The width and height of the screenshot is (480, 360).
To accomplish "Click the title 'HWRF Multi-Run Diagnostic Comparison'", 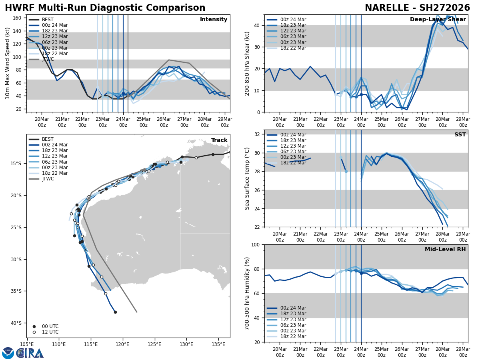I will click(105, 8).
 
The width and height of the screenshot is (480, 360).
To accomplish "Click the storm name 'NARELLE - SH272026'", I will click(417, 8).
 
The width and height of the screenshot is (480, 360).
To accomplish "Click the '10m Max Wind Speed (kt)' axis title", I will click(8, 63).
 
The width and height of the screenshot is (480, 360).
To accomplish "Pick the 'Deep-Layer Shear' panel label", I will click(438, 20).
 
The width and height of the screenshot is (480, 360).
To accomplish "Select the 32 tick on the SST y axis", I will click(258, 134).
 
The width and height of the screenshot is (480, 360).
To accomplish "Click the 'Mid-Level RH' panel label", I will click(445, 250).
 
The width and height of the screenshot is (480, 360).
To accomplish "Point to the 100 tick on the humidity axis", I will click(256, 245).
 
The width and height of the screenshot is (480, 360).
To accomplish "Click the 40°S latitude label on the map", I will click(16, 323).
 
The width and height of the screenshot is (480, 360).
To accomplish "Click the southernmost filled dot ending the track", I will click(115, 312).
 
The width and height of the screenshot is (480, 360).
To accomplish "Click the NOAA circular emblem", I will click(8, 353).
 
